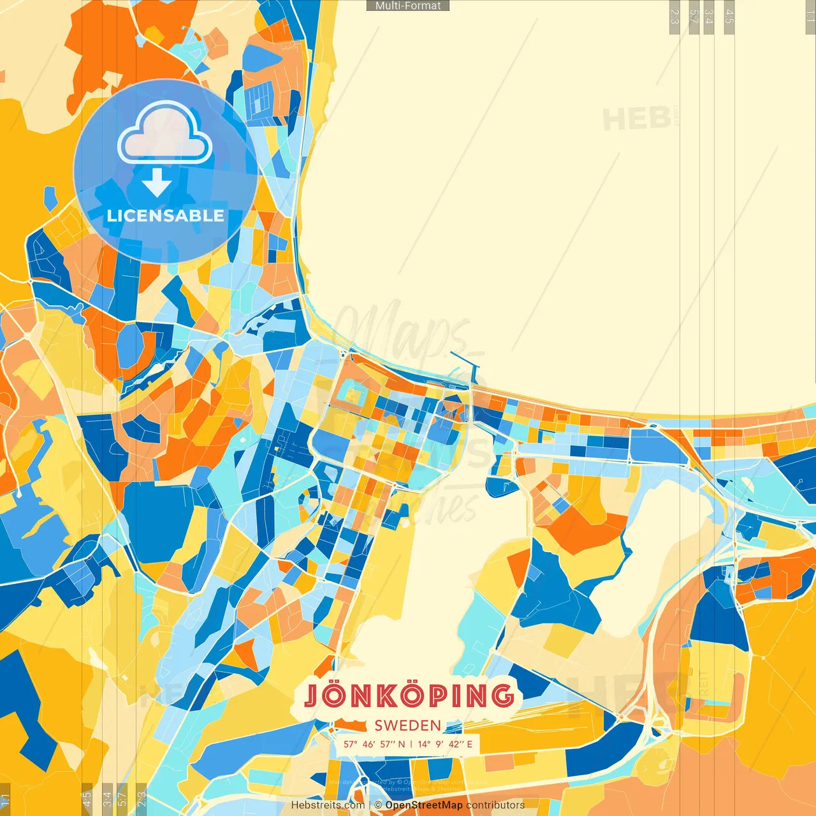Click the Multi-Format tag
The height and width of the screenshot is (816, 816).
(408, 6)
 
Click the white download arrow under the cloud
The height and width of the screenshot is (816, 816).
(157, 182)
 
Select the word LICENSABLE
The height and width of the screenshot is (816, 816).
(165, 215)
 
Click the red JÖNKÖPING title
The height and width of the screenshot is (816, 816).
(409, 696)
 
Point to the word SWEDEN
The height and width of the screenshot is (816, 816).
(408, 725)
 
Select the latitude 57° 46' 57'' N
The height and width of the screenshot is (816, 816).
(374, 744)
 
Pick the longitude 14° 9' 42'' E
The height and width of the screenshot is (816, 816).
(445, 744)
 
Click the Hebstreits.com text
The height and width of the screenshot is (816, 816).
(328, 805)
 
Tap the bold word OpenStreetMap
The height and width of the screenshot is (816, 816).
(424, 805)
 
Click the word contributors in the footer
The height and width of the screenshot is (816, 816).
(495, 805)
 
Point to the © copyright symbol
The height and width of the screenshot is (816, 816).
(379, 805)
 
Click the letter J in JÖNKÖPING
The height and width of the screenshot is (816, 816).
(312, 696)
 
